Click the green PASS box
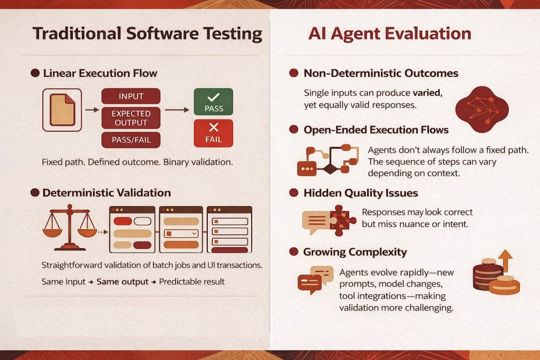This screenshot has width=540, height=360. point(214,102)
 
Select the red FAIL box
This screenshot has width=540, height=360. point(214,133)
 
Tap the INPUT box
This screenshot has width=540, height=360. point(131,96)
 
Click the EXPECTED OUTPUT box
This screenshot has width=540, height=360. point(131,118)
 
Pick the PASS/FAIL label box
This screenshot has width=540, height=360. point(131,140)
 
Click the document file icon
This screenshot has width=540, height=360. point(62,110)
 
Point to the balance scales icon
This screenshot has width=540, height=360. point(70,227)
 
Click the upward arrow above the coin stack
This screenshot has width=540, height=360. point(505,260)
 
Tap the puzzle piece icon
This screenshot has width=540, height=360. point(342,221)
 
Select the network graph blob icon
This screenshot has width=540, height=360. point(482,110)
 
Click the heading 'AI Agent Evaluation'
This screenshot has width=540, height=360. point(390,34)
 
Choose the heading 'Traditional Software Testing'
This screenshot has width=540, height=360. point(148,34)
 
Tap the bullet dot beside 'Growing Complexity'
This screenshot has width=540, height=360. point(294,251)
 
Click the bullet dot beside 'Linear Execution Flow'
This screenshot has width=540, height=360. point(35,73)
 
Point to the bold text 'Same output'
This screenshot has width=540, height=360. point(122,281)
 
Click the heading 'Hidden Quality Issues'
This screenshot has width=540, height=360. point(361,193)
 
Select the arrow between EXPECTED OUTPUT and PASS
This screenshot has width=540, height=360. point(177,110)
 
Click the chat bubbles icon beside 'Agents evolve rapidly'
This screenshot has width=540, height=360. point(315,280)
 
